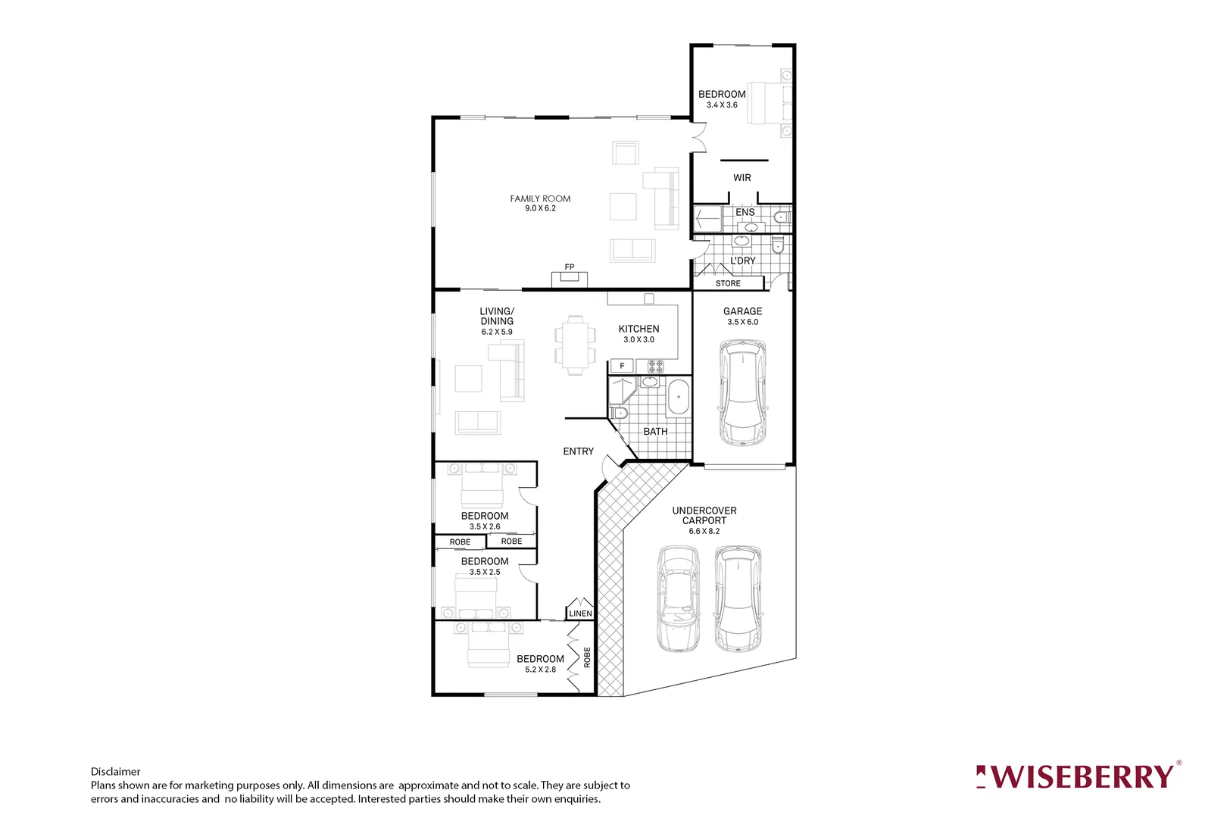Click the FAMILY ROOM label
click(x=540, y=198)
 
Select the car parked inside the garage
click(x=743, y=393)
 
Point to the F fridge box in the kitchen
click(x=622, y=366)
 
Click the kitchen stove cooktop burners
click(x=656, y=367)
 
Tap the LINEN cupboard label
click(x=580, y=613)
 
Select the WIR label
click(x=742, y=178)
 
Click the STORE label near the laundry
click(x=728, y=283)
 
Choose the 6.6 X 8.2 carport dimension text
click(x=704, y=531)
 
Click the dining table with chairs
click(x=575, y=345)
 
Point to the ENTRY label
click(x=578, y=451)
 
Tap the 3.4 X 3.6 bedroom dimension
click(x=722, y=105)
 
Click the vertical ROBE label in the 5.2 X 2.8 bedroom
click(x=587, y=657)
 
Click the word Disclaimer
click(x=116, y=772)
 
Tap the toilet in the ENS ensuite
click(x=783, y=217)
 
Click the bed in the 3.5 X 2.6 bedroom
click(x=482, y=486)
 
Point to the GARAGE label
click(x=742, y=311)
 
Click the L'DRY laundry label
click(x=742, y=261)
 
